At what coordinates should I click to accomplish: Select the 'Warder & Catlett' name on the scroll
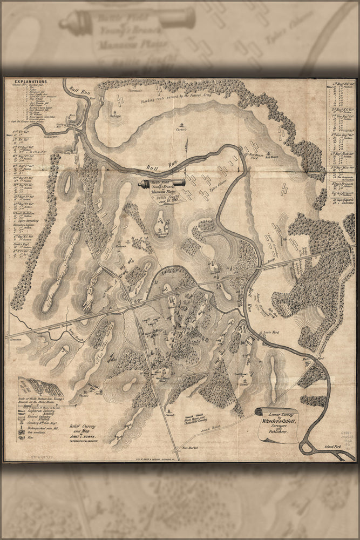coord(279,420)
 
